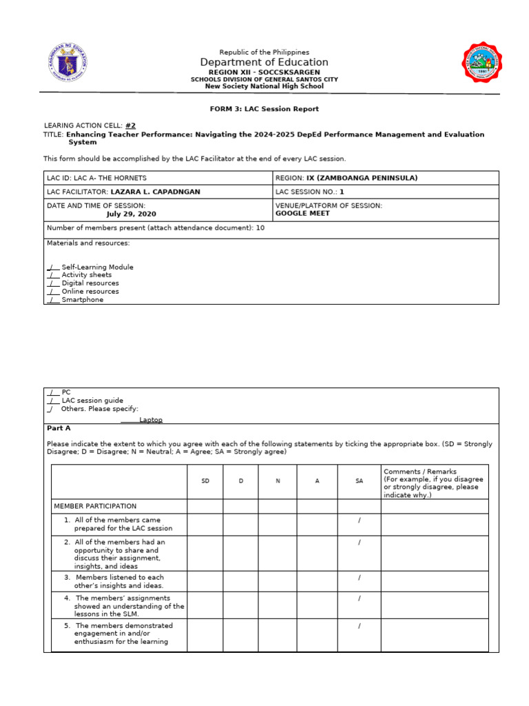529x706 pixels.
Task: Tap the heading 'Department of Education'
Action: pyautogui.click(x=264, y=63)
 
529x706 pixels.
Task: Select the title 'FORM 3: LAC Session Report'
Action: pyautogui.click(x=264, y=109)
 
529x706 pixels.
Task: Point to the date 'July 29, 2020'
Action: pyautogui.click(x=131, y=214)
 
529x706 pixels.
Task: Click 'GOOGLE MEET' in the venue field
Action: pyautogui.click(x=302, y=214)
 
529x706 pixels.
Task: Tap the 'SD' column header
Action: pyautogui.click(x=205, y=481)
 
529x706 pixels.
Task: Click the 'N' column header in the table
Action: pyautogui.click(x=278, y=481)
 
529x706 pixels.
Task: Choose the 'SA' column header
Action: pyautogui.click(x=359, y=481)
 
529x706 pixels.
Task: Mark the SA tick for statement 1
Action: pyautogui.click(x=359, y=520)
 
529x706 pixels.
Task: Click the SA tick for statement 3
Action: pyautogui.click(x=359, y=577)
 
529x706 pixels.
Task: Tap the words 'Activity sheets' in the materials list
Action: pyautogui.click(x=86, y=275)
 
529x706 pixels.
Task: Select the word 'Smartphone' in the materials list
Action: pyautogui.click(x=82, y=300)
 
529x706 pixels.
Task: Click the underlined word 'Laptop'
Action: pyautogui.click(x=151, y=419)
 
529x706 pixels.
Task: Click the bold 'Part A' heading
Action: pyautogui.click(x=58, y=428)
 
